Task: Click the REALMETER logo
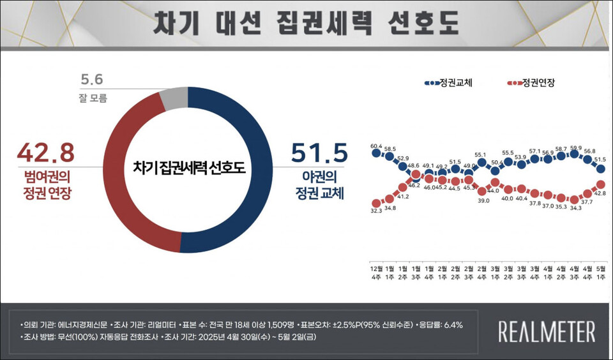546,332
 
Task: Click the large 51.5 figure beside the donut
319,154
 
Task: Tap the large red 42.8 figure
46,153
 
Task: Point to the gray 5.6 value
92,80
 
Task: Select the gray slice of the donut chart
173,98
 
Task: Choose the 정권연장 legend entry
531,83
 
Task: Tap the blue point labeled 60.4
377,153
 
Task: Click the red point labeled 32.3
377,202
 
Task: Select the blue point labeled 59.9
574,154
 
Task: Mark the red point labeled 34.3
574,199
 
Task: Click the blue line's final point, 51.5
600,168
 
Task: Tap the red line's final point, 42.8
600,184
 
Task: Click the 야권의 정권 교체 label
319,184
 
